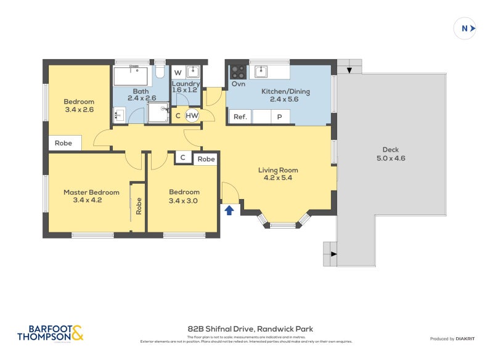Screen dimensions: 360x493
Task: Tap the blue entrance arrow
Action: coord(229,211)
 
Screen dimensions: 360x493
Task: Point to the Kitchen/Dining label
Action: coord(285,96)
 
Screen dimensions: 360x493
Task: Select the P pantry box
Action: coord(280,117)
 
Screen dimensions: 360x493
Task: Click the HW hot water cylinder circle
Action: coord(192,115)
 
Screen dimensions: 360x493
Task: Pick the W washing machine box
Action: coord(177,73)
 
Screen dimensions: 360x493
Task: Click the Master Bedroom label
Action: coord(91,196)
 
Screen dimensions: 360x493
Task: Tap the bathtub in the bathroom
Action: coord(131,76)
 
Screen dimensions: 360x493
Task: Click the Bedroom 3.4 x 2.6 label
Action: coord(79,106)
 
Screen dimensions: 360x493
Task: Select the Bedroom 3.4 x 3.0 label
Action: coord(184,196)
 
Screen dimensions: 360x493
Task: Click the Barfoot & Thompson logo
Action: coord(50,333)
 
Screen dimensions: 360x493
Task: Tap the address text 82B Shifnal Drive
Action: coord(250,329)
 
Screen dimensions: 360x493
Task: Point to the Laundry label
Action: coord(185,87)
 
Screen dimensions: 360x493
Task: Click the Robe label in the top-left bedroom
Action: coord(63,143)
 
